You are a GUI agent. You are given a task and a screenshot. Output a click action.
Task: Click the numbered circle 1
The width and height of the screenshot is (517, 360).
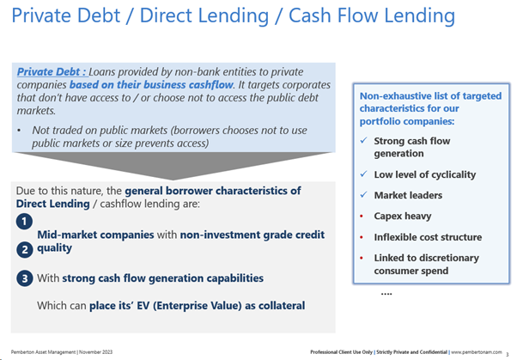pyautogui.click(x=24, y=221)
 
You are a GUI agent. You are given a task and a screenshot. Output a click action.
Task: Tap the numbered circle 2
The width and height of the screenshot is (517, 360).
pyautogui.click(x=24, y=249)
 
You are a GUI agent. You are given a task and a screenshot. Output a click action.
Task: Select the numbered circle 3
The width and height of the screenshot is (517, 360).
pyautogui.click(x=24, y=278)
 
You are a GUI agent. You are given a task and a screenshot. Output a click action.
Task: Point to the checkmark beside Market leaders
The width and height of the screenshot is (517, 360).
pyautogui.click(x=363, y=195)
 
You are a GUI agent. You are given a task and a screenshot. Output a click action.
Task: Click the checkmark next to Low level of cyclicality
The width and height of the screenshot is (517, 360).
pyautogui.click(x=363, y=174)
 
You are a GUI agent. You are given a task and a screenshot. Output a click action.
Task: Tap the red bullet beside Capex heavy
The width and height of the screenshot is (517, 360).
pyautogui.click(x=362, y=217)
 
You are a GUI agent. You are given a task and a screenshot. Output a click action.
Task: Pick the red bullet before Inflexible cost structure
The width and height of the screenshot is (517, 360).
pyautogui.click(x=362, y=237)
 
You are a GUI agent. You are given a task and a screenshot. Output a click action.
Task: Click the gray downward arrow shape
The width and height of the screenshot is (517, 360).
pyautogui.click(x=173, y=163)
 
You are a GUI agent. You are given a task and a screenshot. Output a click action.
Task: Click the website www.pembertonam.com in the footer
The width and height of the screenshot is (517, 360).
pyautogui.click(x=477, y=352)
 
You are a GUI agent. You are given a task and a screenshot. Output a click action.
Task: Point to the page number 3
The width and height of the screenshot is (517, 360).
pyautogui.click(x=507, y=354)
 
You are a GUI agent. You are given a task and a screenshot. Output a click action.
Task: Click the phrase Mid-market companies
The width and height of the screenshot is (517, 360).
pyautogui.click(x=95, y=235)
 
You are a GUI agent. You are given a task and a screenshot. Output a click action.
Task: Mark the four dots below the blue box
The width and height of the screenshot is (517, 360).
pyautogui.click(x=386, y=293)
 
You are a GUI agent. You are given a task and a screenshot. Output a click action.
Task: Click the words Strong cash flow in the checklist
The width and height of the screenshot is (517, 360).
pyautogui.click(x=412, y=141)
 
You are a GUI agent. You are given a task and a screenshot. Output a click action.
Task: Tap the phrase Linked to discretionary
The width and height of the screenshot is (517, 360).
pyautogui.click(x=426, y=258)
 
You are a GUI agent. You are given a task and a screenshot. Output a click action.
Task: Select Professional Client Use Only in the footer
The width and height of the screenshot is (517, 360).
pyautogui.click(x=341, y=352)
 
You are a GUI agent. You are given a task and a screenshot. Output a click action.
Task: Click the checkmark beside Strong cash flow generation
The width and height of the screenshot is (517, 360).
pyautogui.click(x=363, y=140)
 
